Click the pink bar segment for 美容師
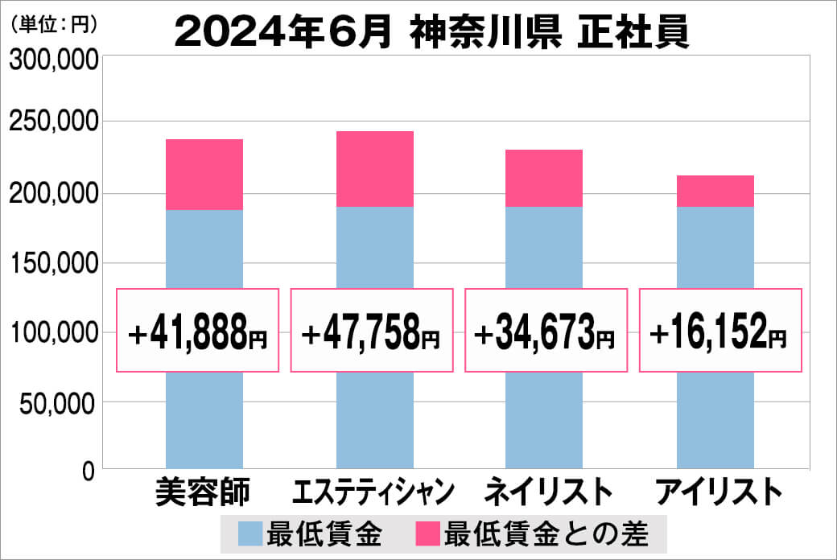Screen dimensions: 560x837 [x=204, y=175]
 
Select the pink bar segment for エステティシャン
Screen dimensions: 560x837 [x=374, y=169]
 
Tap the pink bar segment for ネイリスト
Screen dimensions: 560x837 [x=544, y=178]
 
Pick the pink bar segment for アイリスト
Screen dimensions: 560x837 [x=715, y=191]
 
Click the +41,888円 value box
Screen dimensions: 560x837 [x=198, y=331]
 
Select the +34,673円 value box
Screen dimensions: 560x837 [x=546, y=331]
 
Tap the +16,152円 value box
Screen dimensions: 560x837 [x=719, y=331]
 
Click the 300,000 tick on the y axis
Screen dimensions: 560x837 [x=52, y=61]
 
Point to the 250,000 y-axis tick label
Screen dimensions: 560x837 [x=52, y=123]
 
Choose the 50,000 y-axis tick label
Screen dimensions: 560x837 [x=58, y=402]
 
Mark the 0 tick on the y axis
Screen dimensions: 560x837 [x=89, y=471]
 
